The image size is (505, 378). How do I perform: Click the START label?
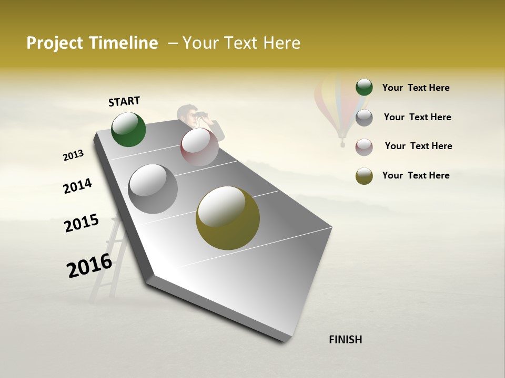(124, 101)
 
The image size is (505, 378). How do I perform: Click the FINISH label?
(345, 340)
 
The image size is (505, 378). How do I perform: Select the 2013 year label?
(73, 155)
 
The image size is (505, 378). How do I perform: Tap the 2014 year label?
(77, 186)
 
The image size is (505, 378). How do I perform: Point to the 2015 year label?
(82, 223)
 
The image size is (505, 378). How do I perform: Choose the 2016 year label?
(89, 265)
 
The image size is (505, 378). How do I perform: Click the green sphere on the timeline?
(129, 130)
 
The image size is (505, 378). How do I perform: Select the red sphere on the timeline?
(199, 147)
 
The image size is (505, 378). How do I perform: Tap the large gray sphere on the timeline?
(153, 189)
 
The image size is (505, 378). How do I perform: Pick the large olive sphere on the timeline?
(228, 218)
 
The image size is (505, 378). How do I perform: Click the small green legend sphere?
(364, 87)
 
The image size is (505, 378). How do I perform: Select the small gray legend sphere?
(364, 118)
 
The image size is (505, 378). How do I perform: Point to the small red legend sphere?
(364, 147)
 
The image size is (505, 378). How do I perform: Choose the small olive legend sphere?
(364, 176)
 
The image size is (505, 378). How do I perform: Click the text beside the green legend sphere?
(416, 88)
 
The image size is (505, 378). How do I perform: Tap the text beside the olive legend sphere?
(416, 175)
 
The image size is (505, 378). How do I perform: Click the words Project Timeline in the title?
(92, 43)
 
